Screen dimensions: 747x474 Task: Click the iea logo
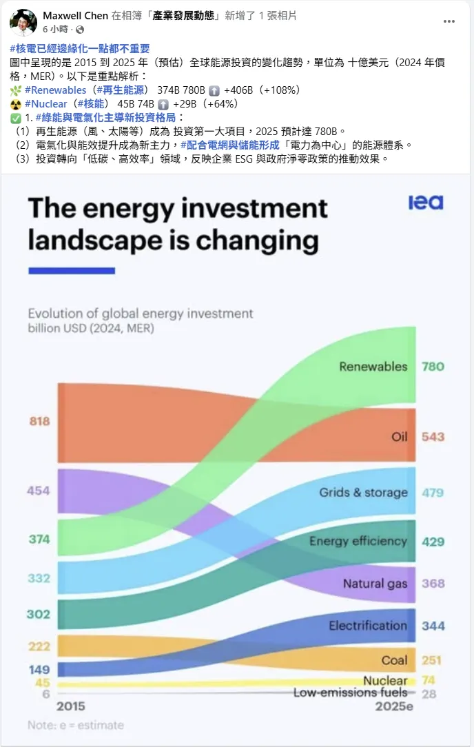[426, 203]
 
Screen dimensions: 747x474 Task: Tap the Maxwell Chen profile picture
[23, 23]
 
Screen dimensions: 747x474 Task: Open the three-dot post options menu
[449, 21]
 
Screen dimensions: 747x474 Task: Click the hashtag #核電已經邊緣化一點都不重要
[80, 48]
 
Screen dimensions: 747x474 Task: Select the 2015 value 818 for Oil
[39, 421]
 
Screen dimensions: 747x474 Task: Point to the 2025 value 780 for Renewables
[433, 367]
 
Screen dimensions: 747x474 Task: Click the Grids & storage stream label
[363, 493]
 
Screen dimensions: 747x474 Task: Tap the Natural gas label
[375, 584]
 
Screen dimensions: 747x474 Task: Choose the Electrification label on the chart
[368, 626]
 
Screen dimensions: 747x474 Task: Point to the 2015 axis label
[71, 706]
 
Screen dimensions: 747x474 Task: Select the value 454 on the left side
[39, 491]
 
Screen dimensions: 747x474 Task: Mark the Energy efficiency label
[358, 541]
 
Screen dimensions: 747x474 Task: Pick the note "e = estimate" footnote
[76, 725]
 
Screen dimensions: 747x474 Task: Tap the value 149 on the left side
[39, 669]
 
